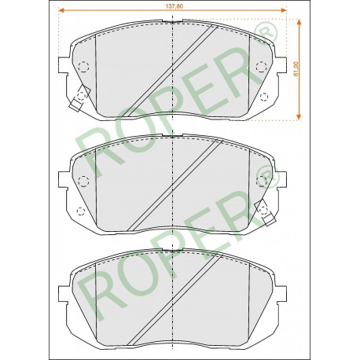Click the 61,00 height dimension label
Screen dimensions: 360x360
click(296, 69)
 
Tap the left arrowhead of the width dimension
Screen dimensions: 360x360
click(61, 10)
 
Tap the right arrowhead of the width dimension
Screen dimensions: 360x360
click(283, 10)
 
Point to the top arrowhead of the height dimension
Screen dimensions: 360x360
click(299, 22)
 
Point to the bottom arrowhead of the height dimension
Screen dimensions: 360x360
click(299, 117)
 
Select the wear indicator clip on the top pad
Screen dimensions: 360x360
click(80, 97)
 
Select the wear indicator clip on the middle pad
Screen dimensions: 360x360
click(265, 211)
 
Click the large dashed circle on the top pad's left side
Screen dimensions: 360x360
click(83, 67)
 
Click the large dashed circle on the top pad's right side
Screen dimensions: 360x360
click(261, 67)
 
